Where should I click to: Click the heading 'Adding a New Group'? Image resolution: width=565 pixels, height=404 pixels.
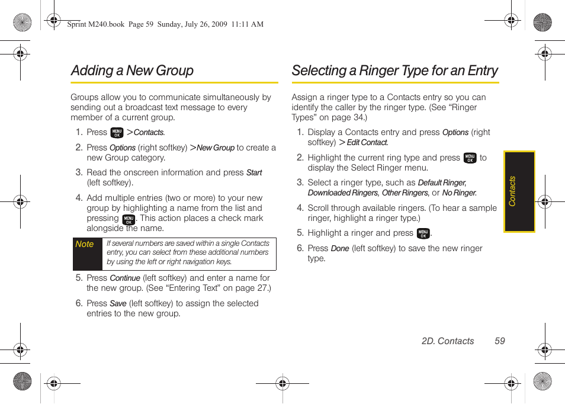pos(132,70)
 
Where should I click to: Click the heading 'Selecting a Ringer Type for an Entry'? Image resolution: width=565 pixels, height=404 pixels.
pos(394,70)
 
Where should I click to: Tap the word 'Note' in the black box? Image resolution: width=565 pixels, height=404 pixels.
pos(85,244)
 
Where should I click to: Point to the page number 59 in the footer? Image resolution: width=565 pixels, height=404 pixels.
pos(500,341)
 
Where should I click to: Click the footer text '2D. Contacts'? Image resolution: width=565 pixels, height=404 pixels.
pos(448,341)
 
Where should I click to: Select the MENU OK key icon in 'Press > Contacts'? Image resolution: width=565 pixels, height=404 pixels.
pos(117,133)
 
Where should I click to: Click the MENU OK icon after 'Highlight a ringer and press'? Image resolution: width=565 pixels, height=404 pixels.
pos(423,233)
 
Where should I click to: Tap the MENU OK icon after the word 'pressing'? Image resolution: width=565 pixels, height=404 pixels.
pos(128,219)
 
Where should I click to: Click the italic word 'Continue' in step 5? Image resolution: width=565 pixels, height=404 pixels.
pos(125,278)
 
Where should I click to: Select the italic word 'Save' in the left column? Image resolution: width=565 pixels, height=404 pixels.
pos(118,303)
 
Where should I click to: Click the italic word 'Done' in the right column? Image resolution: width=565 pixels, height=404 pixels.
pos(339,249)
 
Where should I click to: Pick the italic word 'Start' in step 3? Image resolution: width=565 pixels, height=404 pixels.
pos(254,173)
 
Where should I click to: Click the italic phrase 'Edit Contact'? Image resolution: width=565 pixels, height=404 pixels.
pos(367,143)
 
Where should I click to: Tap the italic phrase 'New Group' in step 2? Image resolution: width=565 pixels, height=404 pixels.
pos(216,148)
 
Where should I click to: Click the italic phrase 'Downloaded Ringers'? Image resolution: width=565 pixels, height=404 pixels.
pos(342,193)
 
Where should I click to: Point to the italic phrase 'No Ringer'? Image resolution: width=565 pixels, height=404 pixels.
pos(459,193)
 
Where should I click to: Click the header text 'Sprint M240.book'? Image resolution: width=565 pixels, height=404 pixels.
pos(95,24)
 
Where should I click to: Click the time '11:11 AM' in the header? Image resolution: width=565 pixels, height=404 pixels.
pos(248,24)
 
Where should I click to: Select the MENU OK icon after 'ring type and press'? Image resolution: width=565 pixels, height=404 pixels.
pos(470,158)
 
